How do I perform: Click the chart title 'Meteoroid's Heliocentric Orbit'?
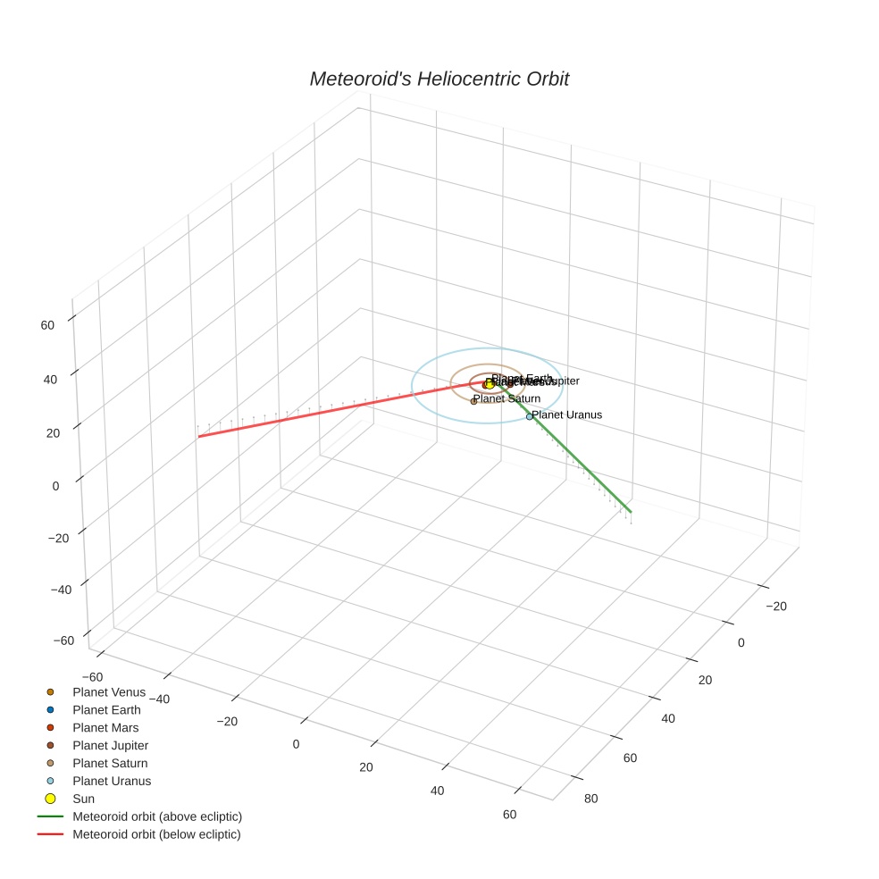coord(439,79)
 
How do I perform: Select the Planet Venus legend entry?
coord(109,692)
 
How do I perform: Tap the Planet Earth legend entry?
coord(106,710)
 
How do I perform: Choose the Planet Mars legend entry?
coord(105,728)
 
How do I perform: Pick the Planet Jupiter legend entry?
coord(110,746)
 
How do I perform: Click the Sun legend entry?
coord(83,799)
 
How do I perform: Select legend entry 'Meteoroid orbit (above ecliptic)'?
coord(157,816)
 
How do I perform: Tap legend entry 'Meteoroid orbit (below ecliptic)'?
coord(156,834)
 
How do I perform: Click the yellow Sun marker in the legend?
coord(51,799)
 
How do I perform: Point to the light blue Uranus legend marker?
coord(51,781)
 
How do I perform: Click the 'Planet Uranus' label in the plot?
coord(567,414)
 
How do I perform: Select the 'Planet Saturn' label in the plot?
coord(507,398)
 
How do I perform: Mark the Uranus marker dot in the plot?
coord(529,416)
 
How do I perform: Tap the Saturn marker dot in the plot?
coord(473,401)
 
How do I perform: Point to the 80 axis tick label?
coord(590,799)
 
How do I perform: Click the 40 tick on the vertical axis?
coord(50,379)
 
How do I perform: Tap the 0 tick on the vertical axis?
coord(55,486)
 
